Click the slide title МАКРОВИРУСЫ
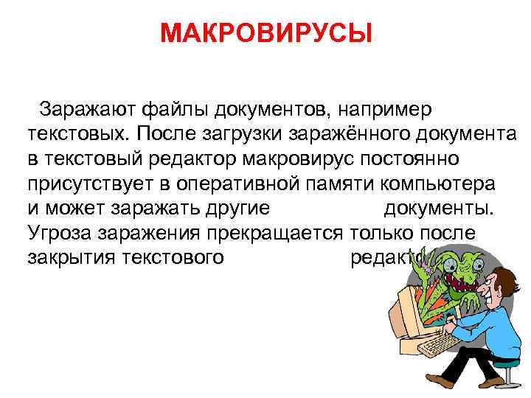pos(265,33)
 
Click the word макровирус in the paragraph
pos(269,159)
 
